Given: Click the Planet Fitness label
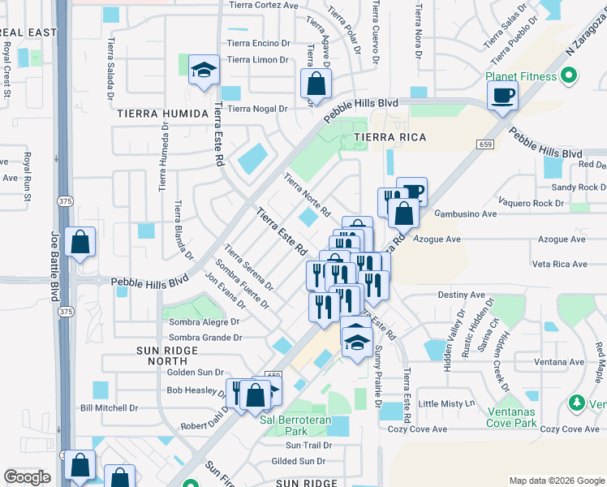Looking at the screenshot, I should coord(521,76).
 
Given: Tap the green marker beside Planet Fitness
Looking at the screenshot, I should coord(569,76).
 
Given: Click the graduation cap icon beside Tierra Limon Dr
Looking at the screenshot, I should coord(204,70).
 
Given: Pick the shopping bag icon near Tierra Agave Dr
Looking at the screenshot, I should coord(316,82).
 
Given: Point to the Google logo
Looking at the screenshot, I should coord(27,477).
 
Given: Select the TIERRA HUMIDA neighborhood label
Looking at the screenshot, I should coord(165,114).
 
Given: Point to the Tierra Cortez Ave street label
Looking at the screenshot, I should coord(264,5).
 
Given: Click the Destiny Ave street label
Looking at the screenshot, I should coord(462,295).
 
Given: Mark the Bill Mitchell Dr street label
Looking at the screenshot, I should coord(110,407).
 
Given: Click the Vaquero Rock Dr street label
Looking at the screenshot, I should coord(532,203).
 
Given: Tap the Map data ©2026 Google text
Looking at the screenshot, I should coord(556,480).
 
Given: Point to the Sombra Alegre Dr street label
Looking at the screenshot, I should coord(204,321).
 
